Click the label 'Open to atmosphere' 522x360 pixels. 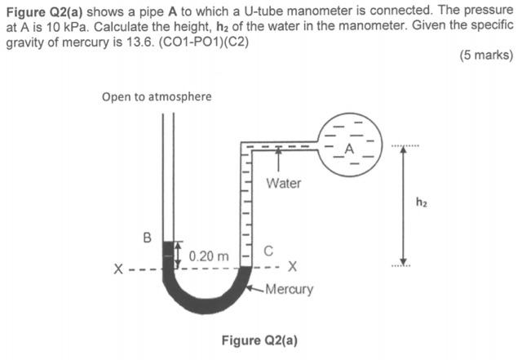click(x=157, y=96)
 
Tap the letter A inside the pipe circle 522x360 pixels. click(x=349, y=149)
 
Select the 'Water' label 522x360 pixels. click(x=283, y=183)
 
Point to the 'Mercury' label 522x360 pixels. click(x=289, y=289)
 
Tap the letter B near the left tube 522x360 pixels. click(x=148, y=238)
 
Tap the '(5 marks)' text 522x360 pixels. click(x=486, y=56)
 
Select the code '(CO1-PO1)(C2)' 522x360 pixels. click(x=207, y=42)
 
